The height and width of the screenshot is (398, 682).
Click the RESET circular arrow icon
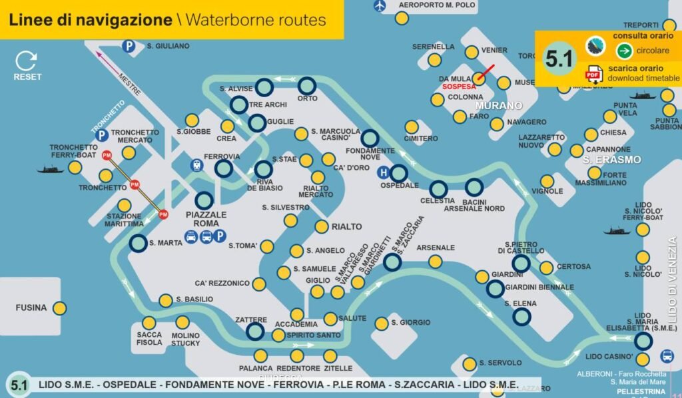pos(27,62)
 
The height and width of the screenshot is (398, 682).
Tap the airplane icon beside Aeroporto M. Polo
pos(380,6)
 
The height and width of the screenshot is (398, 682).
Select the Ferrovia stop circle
pos(224,169)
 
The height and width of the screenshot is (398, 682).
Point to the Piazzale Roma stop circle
pos(204,200)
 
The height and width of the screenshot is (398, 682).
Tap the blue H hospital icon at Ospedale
pos(383,172)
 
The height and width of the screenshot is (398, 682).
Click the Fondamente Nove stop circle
pos(370,138)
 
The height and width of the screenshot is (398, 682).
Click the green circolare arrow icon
pos(624,51)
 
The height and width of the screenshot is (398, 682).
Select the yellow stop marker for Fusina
pos(59,307)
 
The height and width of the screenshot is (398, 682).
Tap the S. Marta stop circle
pos(138,243)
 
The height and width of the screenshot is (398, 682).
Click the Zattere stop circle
pos(255,331)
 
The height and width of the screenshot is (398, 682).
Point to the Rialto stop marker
pos(322,227)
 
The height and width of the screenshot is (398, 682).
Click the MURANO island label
pos(498,106)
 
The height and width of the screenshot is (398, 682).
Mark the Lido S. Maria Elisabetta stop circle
pos(643,341)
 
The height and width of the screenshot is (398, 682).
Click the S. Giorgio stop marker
pos(381,323)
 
